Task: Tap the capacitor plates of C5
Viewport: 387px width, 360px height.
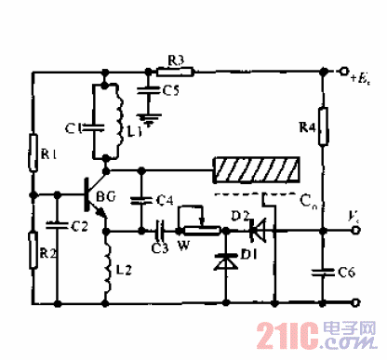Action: (x=144, y=88)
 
